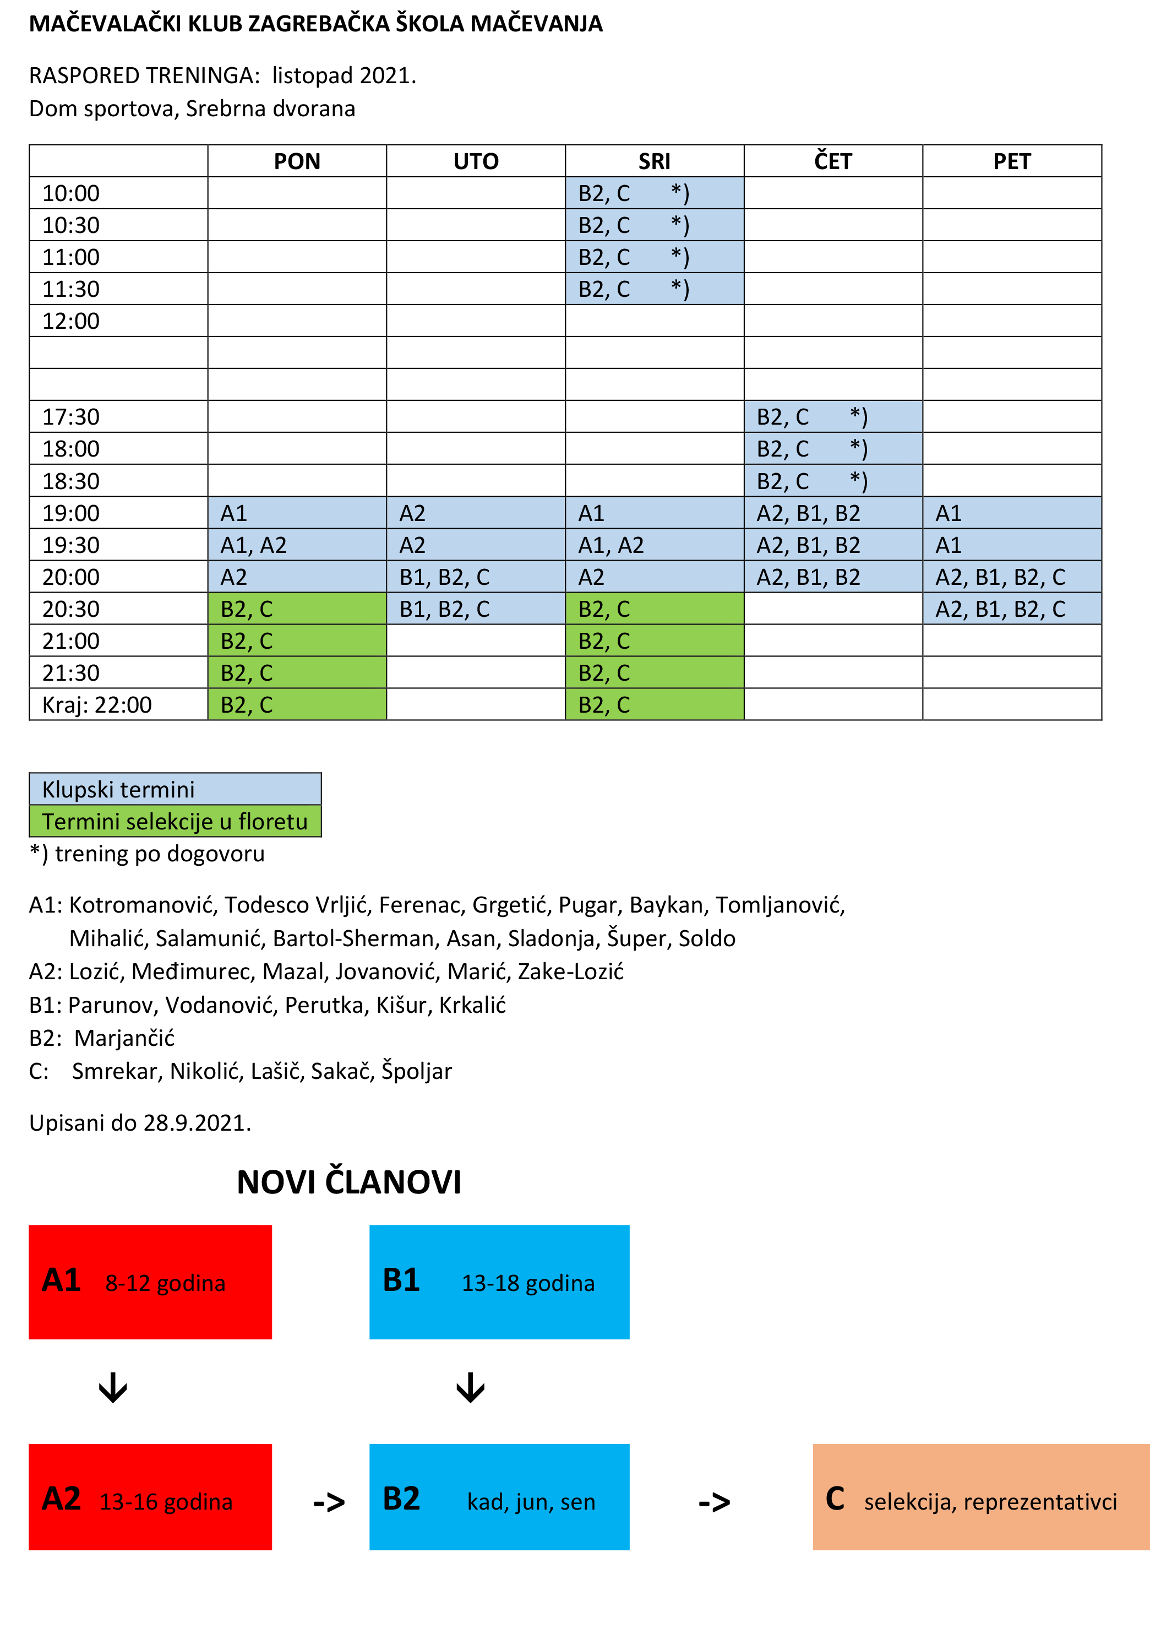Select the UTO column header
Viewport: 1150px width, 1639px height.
point(476,161)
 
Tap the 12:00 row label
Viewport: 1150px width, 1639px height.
point(72,321)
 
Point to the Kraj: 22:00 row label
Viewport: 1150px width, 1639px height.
point(97,704)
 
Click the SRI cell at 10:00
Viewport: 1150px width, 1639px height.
point(654,193)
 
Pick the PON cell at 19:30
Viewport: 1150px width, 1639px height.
point(297,545)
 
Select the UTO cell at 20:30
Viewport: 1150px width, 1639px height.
point(476,609)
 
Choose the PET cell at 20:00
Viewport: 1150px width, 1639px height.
point(1012,577)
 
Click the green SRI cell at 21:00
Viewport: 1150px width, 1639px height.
point(654,641)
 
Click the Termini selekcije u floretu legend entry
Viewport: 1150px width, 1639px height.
point(175,822)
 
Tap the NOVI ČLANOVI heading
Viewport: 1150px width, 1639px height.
point(349,1182)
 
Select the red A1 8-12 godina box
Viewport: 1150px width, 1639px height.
point(150,1282)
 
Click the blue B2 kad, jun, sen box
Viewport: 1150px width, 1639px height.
point(499,1497)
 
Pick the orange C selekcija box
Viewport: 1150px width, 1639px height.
point(981,1497)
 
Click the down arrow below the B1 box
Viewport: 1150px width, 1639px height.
point(470,1388)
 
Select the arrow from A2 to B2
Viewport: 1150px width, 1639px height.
point(329,1502)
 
